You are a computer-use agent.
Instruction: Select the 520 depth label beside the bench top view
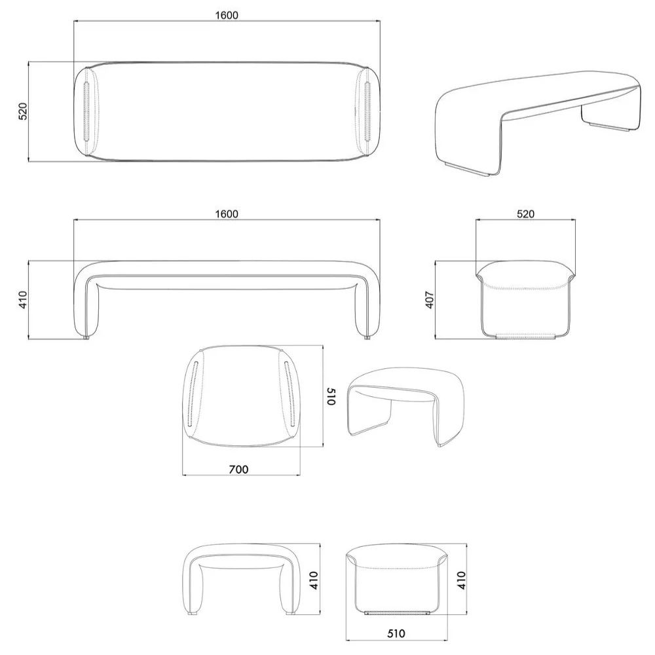click(23, 111)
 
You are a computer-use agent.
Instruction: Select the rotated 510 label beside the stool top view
click(331, 396)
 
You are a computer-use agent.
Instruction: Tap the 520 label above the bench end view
click(525, 214)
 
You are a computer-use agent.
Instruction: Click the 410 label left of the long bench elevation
click(23, 299)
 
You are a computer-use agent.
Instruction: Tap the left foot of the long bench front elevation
click(87, 337)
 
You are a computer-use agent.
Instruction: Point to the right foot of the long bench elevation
click(365, 337)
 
